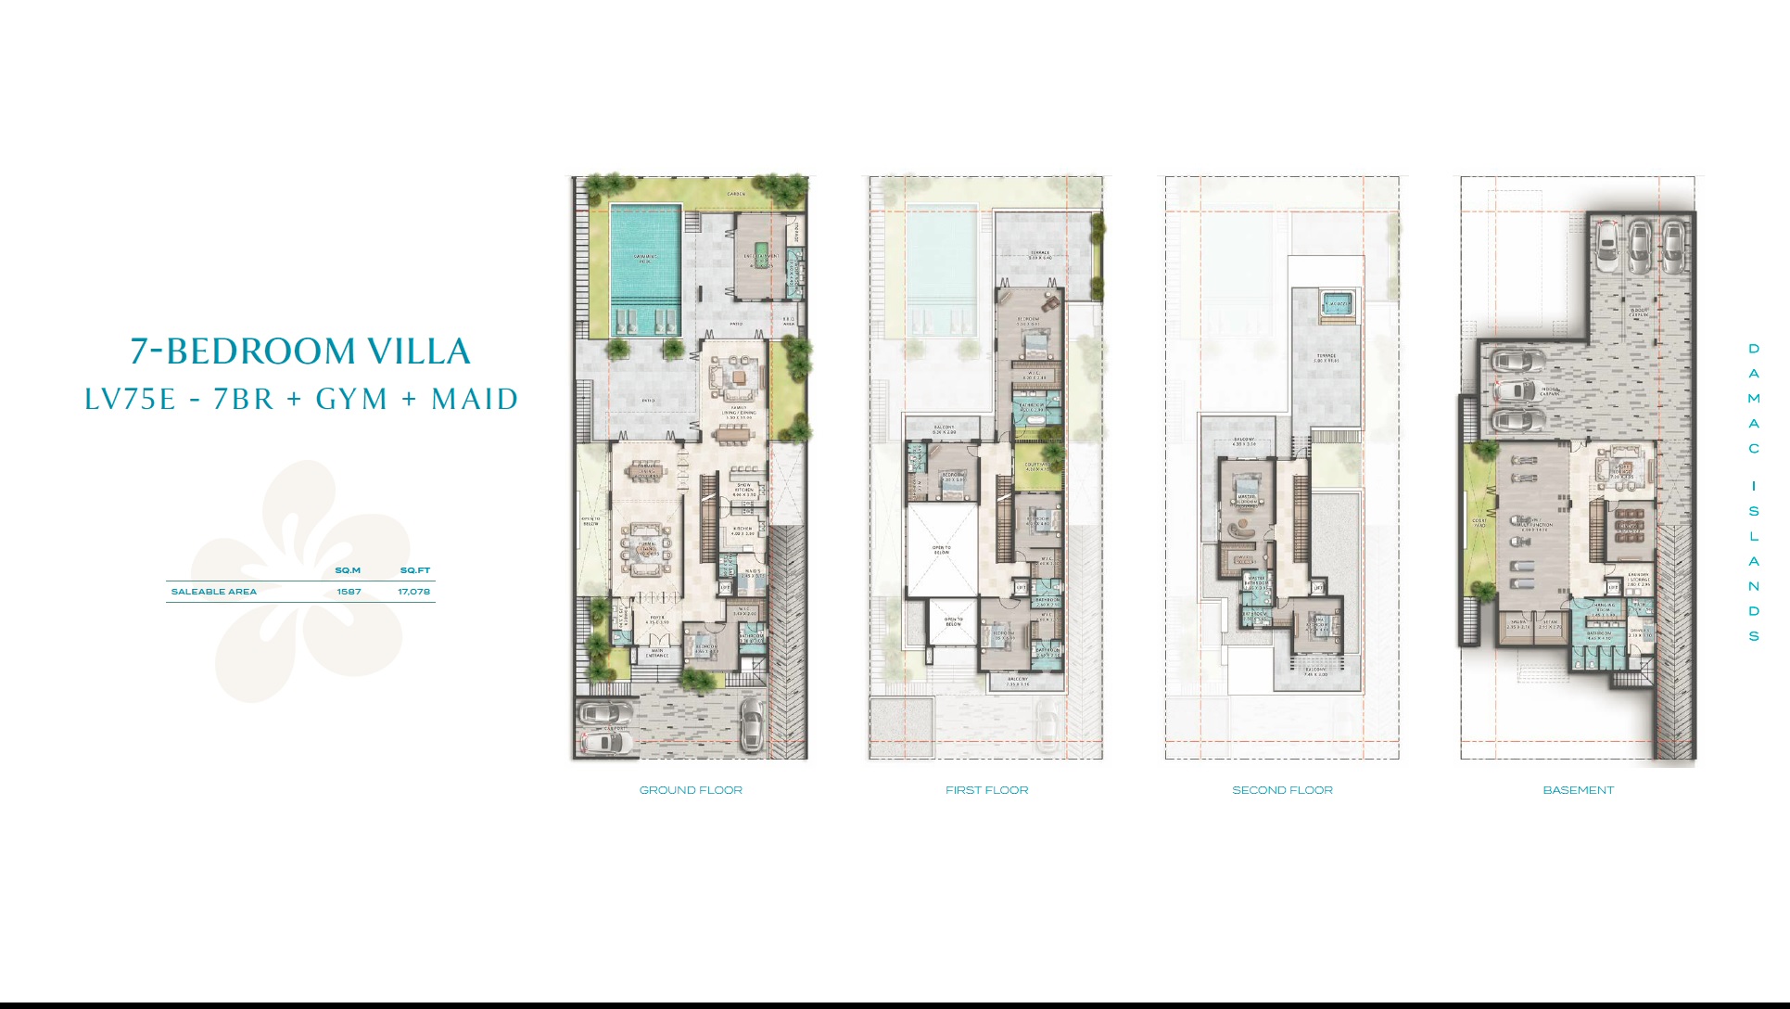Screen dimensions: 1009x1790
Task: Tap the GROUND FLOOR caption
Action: tap(691, 790)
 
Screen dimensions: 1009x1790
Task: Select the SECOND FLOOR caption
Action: tap(1282, 790)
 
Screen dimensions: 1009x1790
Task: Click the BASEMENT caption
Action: tap(1578, 790)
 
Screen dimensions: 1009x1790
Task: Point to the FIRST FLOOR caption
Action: tap(986, 790)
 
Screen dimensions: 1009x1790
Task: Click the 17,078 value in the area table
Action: tap(414, 592)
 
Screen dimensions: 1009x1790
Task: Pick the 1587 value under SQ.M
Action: tap(349, 592)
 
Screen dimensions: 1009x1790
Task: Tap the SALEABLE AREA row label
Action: tap(213, 592)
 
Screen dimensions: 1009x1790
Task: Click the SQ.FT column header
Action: tap(415, 570)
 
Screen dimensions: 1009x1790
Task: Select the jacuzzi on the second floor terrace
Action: tap(1337, 304)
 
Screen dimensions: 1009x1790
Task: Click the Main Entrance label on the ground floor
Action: tap(657, 654)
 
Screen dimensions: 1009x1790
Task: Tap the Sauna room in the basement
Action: tap(1517, 625)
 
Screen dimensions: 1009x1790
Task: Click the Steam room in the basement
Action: tap(1550, 625)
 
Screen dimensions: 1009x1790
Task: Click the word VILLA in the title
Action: tap(419, 351)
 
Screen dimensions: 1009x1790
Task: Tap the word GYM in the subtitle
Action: tap(351, 400)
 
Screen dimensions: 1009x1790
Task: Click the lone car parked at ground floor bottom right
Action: tap(751, 723)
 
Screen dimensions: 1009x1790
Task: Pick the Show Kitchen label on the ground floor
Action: tap(744, 489)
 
